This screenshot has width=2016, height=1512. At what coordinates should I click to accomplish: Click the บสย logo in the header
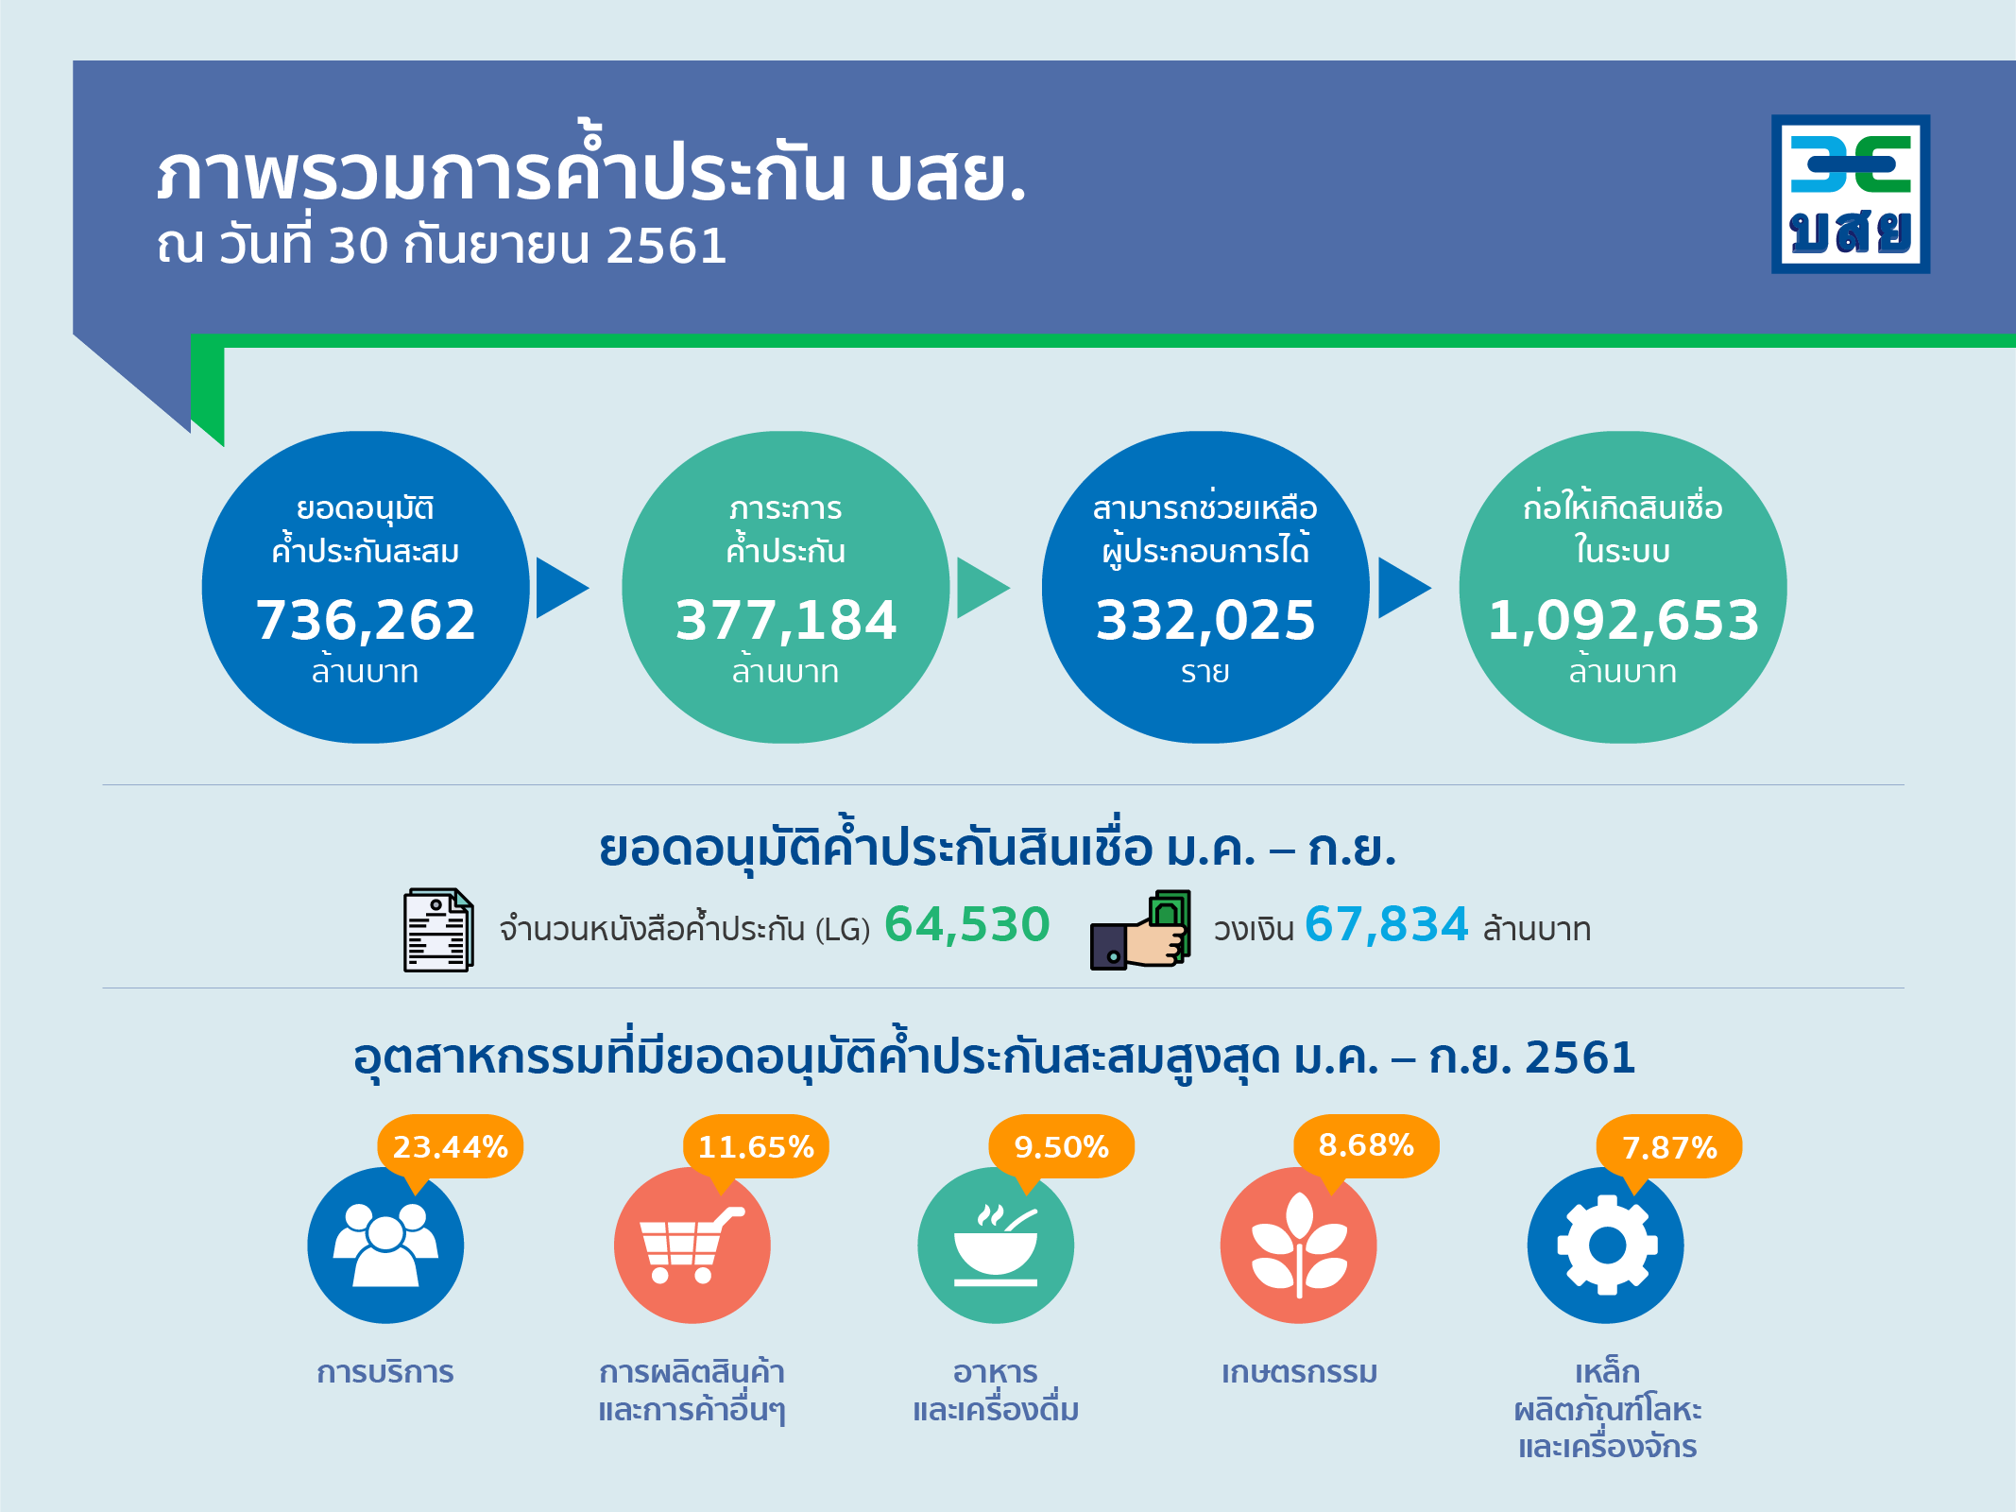[1851, 194]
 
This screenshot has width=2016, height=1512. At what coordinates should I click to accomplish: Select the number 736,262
[366, 621]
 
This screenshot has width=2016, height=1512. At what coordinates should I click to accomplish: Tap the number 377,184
[786, 621]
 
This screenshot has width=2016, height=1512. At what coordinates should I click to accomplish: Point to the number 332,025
[1205, 621]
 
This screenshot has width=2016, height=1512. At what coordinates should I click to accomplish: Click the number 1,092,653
[1623, 621]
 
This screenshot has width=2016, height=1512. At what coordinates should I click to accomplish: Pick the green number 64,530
[966, 924]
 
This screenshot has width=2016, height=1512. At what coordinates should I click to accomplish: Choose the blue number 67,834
[1386, 924]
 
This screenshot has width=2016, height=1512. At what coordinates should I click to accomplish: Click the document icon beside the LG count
[438, 930]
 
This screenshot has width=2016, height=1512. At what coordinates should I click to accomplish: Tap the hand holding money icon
[1140, 930]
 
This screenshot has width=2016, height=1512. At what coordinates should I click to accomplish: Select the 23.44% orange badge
[451, 1147]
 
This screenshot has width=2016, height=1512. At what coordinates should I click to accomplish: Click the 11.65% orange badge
[756, 1147]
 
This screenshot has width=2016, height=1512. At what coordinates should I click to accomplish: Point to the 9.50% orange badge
[1061, 1147]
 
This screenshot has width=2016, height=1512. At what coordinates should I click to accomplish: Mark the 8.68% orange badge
[1366, 1146]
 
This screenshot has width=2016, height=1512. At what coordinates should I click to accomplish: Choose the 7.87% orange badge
[1669, 1147]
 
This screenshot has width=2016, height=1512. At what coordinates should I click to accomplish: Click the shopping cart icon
[692, 1246]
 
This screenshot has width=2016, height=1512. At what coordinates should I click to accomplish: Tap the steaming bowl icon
[996, 1246]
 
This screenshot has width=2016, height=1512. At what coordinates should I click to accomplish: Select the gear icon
[1607, 1246]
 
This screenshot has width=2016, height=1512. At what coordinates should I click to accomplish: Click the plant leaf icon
[1299, 1246]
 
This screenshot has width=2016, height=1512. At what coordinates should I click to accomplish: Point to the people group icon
[385, 1246]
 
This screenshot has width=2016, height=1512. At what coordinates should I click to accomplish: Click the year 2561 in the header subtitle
[666, 246]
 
